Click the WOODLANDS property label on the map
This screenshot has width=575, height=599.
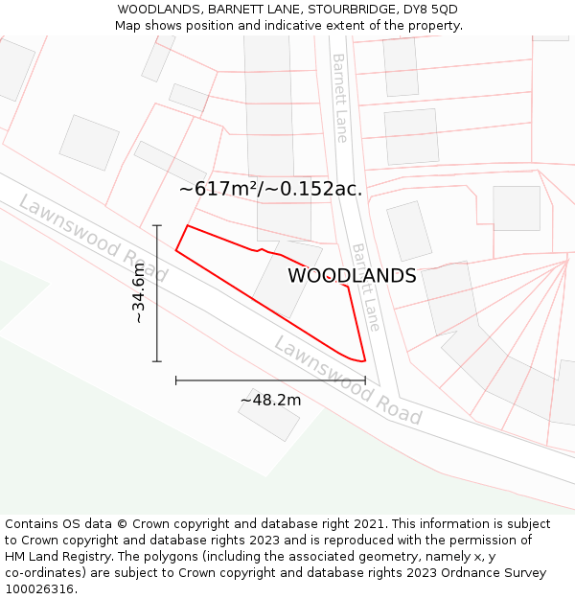[x=352, y=276]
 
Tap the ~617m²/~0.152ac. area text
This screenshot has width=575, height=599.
[x=270, y=189]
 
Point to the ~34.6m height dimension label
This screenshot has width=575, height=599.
[x=140, y=292]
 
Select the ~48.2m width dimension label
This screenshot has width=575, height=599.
[x=270, y=400]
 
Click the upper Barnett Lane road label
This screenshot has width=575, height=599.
[x=340, y=98]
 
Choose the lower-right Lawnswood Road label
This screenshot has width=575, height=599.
[x=347, y=380]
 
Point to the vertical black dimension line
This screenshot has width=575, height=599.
[x=157, y=292]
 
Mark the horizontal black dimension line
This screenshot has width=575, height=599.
[x=270, y=380]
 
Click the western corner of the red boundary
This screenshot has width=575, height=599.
[x=176, y=251]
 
